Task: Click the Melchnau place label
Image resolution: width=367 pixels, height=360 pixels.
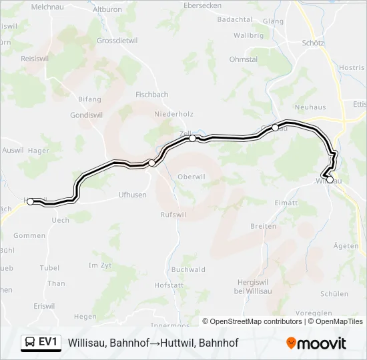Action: (x=46, y=6)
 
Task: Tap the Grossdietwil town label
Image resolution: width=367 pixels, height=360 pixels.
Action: (x=117, y=40)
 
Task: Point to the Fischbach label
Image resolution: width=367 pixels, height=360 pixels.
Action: (x=151, y=95)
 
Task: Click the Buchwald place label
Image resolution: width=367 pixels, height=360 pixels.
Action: (x=188, y=269)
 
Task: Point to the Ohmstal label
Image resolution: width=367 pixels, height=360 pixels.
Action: (x=244, y=59)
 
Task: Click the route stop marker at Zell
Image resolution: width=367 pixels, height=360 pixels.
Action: (x=193, y=139)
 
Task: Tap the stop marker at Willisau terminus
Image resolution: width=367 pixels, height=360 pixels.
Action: (x=330, y=179)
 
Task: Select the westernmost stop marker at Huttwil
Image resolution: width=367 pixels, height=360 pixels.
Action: (x=30, y=201)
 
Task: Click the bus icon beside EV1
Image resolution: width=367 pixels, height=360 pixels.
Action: (x=31, y=342)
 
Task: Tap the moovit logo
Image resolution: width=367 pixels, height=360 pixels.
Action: (x=316, y=343)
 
